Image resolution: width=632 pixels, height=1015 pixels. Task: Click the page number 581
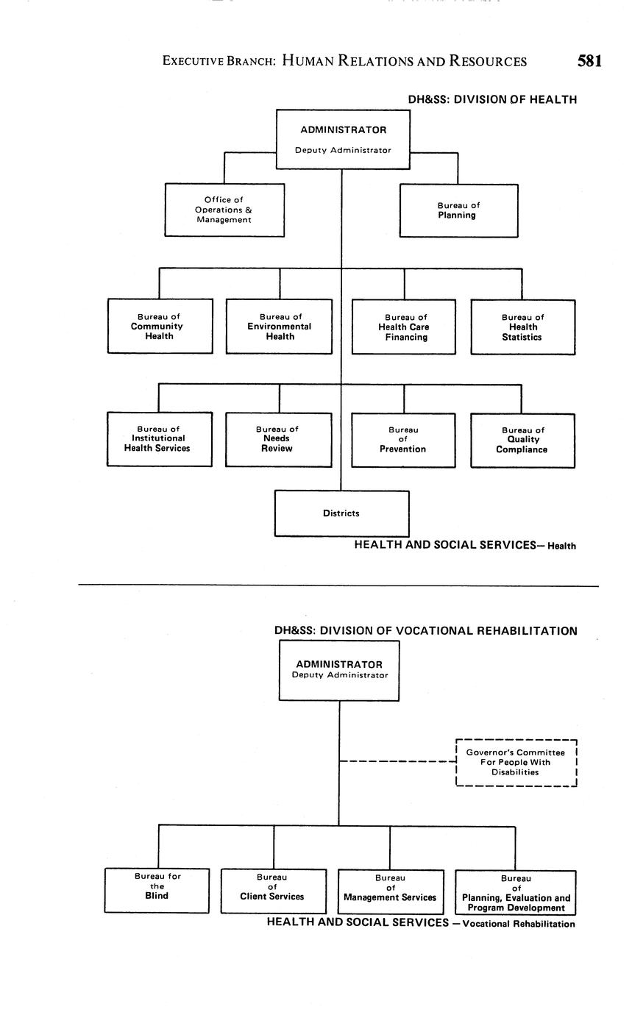[x=589, y=61]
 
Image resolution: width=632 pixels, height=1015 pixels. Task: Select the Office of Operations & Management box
[x=224, y=210]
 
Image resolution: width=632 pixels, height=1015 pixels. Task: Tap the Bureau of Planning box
[x=458, y=210]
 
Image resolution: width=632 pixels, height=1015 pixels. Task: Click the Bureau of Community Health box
[x=160, y=327]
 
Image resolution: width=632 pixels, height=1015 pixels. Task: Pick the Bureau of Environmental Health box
[x=279, y=327]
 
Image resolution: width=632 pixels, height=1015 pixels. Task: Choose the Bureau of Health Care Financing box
[x=404, y=327]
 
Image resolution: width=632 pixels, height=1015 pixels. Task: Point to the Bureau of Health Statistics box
[x=522, y=327]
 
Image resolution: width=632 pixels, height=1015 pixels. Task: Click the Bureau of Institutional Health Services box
[x=159, y=439]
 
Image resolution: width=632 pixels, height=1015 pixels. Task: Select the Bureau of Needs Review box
[x=278, y=439]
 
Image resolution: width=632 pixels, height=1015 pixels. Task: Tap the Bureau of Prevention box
[x=403, y=440]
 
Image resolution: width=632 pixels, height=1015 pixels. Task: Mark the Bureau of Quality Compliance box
[x=522, y=441]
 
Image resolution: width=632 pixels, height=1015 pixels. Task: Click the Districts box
[x=341, y=513]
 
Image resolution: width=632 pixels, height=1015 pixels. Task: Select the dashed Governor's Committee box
[x=516, y=763]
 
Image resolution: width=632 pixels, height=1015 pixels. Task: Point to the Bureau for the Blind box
[x=157, y=890]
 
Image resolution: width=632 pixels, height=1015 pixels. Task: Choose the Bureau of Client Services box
[x=273, y=891]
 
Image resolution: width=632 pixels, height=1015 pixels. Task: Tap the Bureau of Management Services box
[x=391, y=891]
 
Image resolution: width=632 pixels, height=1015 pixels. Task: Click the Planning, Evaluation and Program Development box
[x=516, y=892]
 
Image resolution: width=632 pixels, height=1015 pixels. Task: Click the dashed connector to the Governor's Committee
[x=397, y=761]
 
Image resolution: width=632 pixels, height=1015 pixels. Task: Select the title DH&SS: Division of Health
[x=492, y=99]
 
